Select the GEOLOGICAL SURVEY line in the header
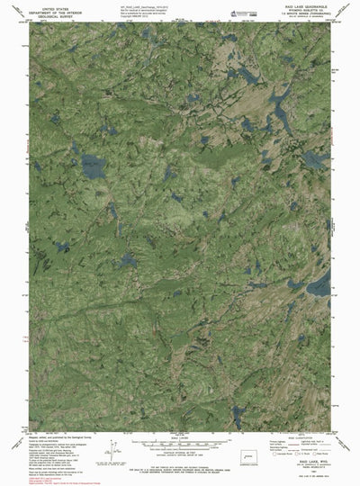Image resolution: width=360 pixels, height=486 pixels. pyautogui.click(x=53, y=15)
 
